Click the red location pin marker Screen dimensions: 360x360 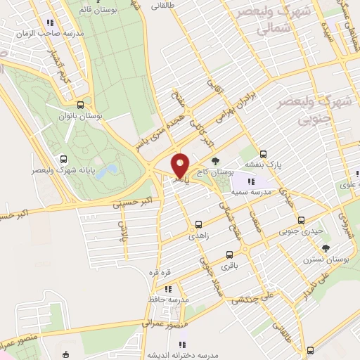point(180,165)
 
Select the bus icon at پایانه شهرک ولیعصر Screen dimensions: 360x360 point(64,159)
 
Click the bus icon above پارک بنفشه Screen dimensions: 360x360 point(264,154)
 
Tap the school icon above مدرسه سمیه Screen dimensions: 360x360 point(251,182)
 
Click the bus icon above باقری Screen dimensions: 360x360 point(229,255)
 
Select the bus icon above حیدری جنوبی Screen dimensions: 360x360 point(301,219)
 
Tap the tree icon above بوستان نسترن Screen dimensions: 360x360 point(326,247)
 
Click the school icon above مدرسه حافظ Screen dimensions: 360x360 point(167,288)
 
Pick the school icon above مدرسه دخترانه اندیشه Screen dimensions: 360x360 point(182,345)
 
